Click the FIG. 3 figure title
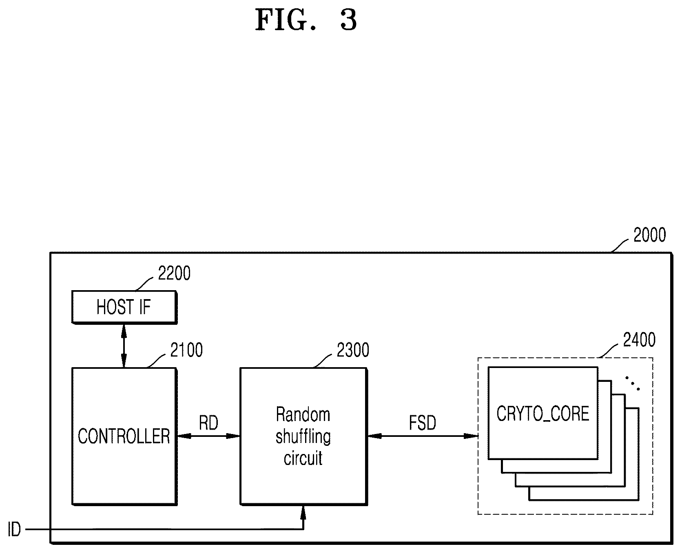306,20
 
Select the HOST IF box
124,307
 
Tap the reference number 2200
174,273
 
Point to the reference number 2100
186,350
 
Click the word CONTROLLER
124,436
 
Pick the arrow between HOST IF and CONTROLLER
124,346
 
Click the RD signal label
208,423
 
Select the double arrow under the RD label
208,436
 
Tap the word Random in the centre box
303,414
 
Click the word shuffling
303,437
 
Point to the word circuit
303,458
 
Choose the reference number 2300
353,350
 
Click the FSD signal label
423,423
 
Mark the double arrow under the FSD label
422,436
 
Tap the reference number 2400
639,339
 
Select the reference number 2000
649,235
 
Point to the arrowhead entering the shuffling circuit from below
303,511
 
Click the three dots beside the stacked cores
633,383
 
